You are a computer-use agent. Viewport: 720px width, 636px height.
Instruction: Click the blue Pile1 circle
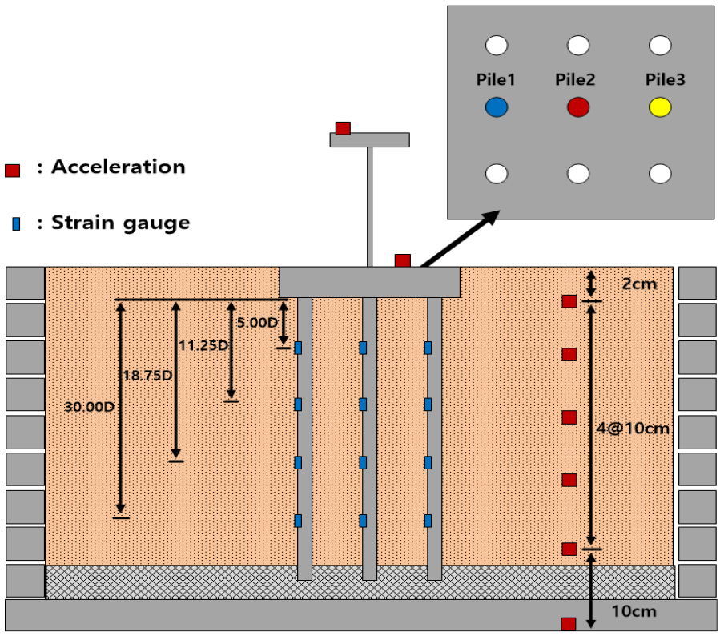[497, 107]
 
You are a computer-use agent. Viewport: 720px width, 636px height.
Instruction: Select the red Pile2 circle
[578, 107]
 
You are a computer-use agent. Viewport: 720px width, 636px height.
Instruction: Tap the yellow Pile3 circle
[660, 107]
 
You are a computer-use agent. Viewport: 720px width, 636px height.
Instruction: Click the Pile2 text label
[575, 80]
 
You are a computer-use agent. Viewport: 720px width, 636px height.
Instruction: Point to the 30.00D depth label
[89, 406]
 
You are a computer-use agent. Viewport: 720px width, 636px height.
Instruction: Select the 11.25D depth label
[202, 346]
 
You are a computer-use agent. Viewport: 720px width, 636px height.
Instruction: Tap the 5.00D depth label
[258, 323]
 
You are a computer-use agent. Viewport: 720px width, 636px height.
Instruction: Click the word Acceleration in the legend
[118, 167]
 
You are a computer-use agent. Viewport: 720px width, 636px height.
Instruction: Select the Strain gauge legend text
[120, 223]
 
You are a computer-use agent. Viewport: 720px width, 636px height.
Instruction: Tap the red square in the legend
[12, 170]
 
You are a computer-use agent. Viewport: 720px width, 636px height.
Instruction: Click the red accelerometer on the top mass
[343, 128]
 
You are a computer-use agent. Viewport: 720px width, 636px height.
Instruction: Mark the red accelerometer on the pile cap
[403, 260]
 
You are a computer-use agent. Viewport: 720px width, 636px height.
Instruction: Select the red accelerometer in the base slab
[568, 623]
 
